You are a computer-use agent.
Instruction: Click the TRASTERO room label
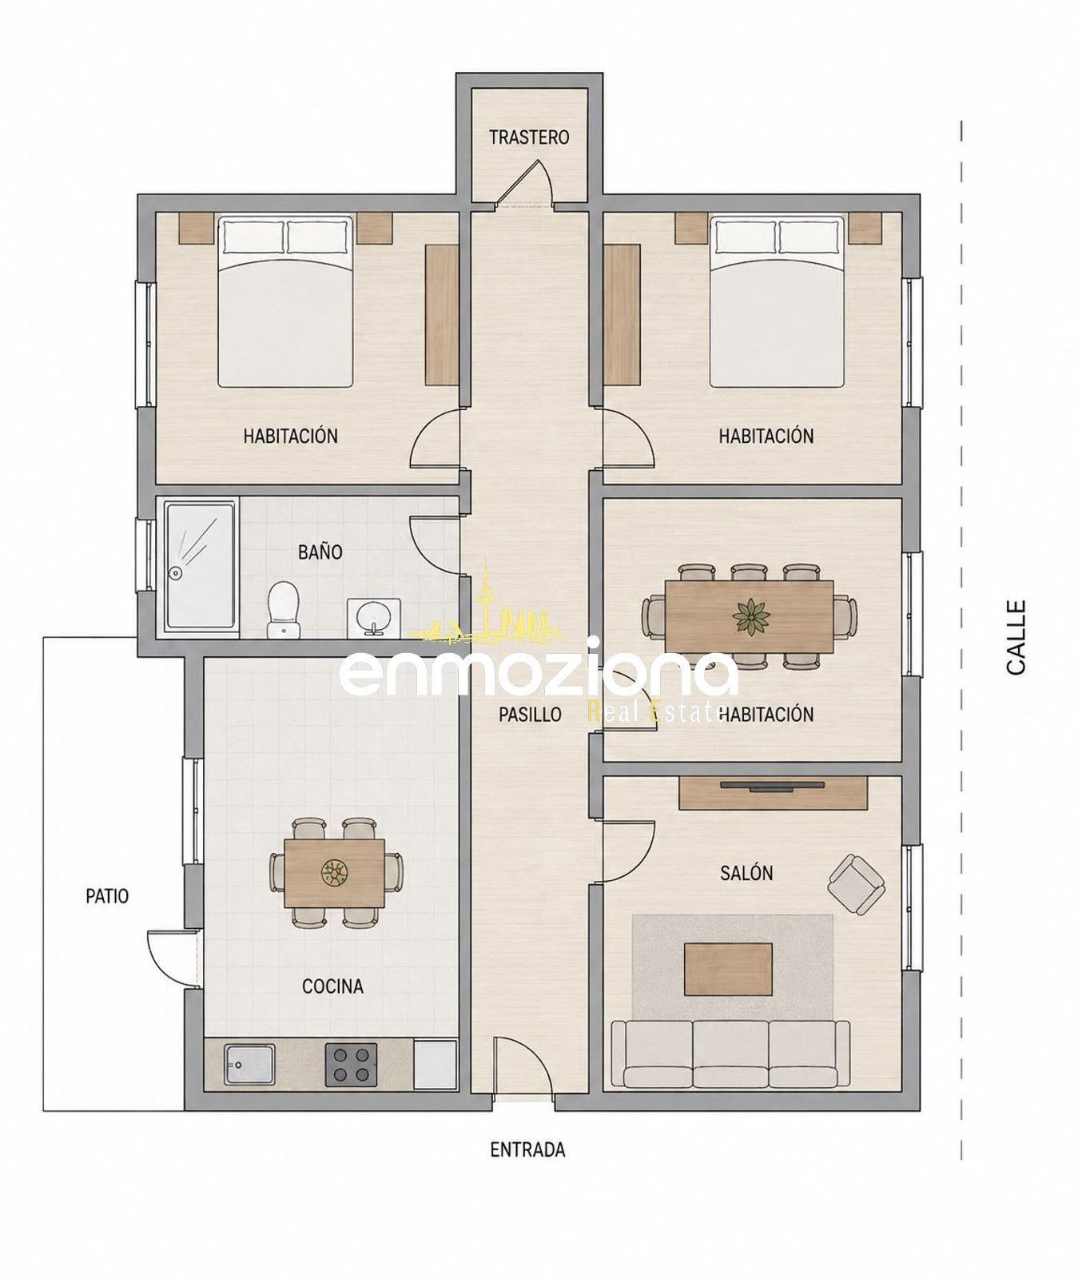(x=529, y=137)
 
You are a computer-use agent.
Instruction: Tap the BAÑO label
(x=320, y=552)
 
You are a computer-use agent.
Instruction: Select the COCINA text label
(x=332, y=986)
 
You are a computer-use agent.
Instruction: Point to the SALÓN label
(x=746, y=872)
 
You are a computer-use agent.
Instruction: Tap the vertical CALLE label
(x=1016, y=637)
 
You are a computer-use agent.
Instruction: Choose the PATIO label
(x=107, y=896)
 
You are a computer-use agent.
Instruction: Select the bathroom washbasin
(x=369, y=616)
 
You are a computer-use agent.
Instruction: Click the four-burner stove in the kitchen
(x=351, y=1065)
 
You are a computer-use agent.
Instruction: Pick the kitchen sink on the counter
(x=249, y=1064)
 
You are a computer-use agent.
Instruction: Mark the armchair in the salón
(x=856, y=883)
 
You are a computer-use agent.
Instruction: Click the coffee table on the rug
(x=728, y=969)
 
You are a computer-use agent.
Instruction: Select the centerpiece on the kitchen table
(x=334, y=872)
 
